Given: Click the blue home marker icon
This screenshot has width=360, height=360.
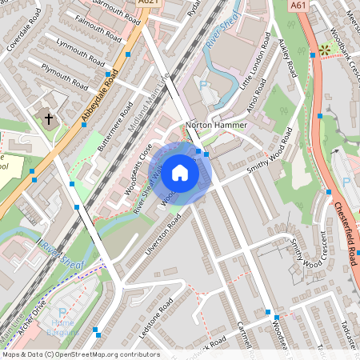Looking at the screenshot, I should click(180, 172).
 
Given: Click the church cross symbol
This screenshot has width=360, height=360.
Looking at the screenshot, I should click(49, 119).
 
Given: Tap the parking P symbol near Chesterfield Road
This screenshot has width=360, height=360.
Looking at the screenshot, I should click(346, 182).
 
